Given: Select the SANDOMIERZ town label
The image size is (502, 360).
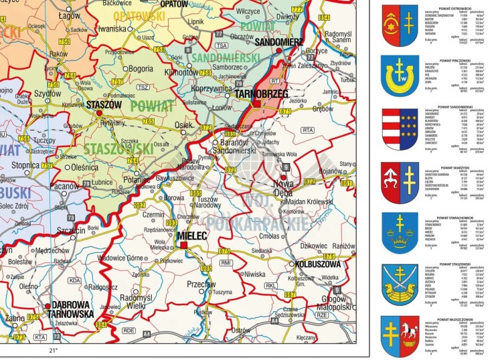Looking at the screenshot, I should coord(279,41).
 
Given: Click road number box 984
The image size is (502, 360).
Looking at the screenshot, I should coord(101,325).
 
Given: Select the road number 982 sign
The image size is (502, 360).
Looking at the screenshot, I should coord(140,205).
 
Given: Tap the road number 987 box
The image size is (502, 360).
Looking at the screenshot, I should coord(290,294).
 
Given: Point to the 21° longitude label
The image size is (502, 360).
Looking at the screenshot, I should coord(54,350).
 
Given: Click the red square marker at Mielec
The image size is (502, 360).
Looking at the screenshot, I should coord(183,246).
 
